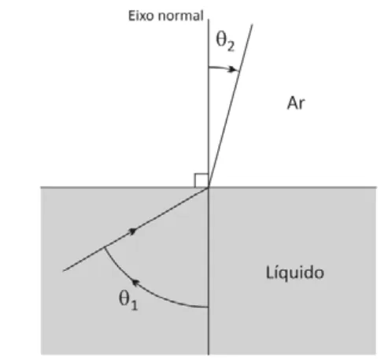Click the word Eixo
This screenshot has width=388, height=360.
[x=142, y=16]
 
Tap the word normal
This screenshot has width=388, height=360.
[x=181, y=16]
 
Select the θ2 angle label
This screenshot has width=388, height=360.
[x=225, y=41]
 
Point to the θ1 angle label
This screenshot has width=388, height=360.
[x=128, y=300]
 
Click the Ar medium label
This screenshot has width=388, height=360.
[x=296, y=103]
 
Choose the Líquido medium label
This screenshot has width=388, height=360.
[x=295, y=273]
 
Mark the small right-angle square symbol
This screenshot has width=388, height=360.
[x=201, y=180]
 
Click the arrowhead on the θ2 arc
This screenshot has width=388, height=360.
[x=233, y=69]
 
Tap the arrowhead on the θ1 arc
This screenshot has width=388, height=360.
[x=136, y=283]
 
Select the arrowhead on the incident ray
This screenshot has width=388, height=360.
[x=133, y=232]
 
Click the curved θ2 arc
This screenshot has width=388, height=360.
[x=224, y=68]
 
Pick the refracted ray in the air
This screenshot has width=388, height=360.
[x=231, y=106]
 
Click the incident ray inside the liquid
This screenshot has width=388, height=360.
[x=136, y=229]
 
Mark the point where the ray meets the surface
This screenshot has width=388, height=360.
[x=209, y=187]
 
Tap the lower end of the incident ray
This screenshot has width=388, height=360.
[x=64, y=271]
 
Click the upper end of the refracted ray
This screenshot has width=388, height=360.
[x=253, y=24]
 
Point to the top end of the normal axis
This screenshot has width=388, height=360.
[x=209, y=20]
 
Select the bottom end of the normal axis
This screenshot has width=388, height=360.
[x=209, y=354]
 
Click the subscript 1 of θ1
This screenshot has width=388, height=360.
[x=134, y=306]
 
